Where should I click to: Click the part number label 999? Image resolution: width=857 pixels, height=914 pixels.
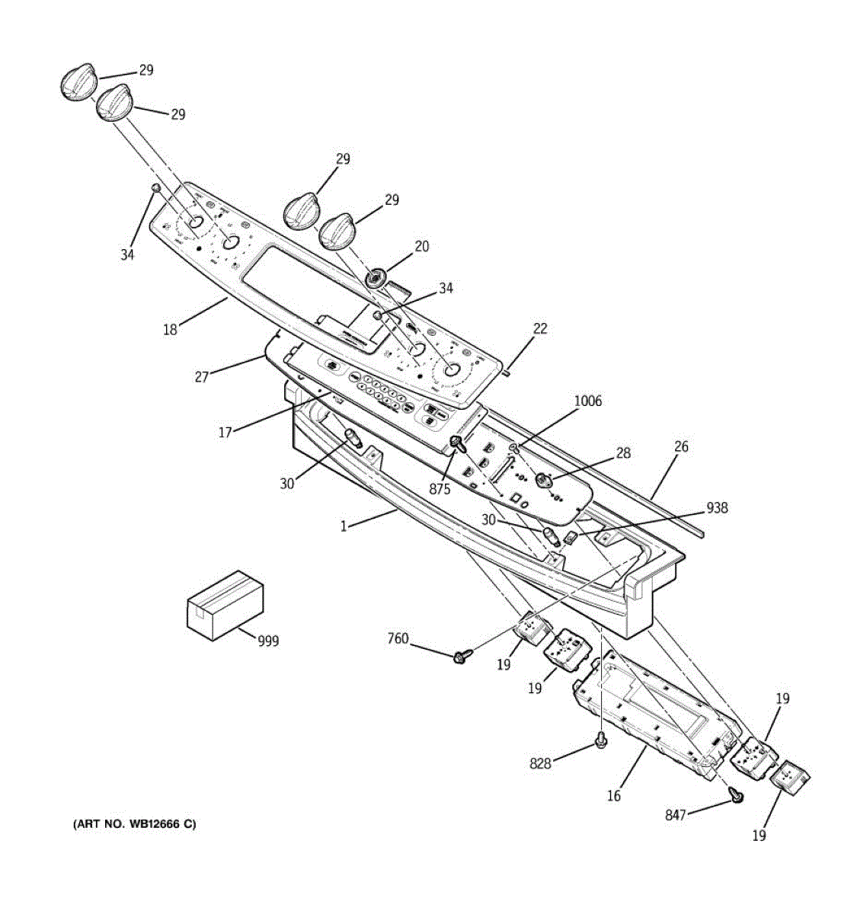pyautogui.click(x=267, y=641)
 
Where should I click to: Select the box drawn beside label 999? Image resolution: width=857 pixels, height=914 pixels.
pyautogui.click(x=225, y=605)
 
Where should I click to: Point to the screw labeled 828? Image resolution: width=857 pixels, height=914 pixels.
pyautogui.click(x=600, y=740)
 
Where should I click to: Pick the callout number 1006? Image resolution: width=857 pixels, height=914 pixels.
pyautogui.click(x=587, y=401)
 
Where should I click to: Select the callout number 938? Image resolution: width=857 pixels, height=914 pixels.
pyautogui.click(x=717, y=508)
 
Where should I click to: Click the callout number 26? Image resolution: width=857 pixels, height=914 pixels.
pyautogui.click(x=680, y=446)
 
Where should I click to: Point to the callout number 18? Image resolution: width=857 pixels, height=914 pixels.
pyautogui.click(x=170, y=330)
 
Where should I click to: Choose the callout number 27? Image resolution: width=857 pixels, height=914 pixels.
pyautogui.click(x=201, y=376)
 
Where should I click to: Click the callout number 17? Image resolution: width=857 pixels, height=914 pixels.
pyautogui.click(x=225, y=433)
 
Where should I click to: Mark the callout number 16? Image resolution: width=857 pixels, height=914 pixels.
pyautogui.click(x=613, y=796)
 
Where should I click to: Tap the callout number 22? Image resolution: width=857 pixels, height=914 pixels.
pyautogui.click(x=539, y=329)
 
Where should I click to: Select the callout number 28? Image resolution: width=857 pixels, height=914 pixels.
pyautogui.click(x=623, y=453)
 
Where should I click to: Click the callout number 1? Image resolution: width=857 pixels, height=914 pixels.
pyautogui.click(x=344, y=526)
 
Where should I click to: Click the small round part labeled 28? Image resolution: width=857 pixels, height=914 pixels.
pyautogui.click(x=544, y=480)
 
